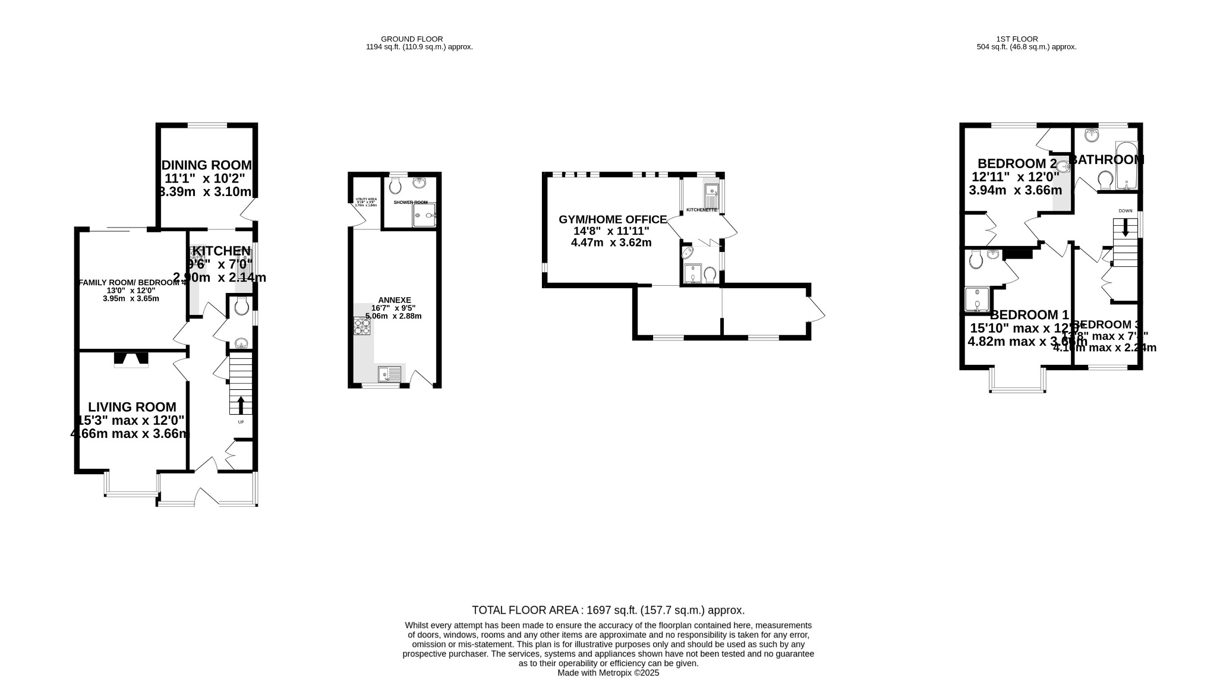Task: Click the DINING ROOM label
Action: (207, 165)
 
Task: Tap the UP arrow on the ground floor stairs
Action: (241, 406)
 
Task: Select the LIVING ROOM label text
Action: (132, 407)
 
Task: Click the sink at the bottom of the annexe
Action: (390, 374)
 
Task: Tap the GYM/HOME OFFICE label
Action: (612, 220)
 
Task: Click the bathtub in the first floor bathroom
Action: (1126, 165)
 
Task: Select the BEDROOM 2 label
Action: (1017, 163)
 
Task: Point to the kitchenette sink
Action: (712, 191)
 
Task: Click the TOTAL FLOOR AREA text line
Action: (608, 610)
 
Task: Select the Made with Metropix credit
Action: (608, 673)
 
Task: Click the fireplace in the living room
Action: (131, 359)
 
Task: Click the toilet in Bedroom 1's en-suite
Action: (975, 259)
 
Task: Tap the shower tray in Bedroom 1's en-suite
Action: (977, 299)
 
